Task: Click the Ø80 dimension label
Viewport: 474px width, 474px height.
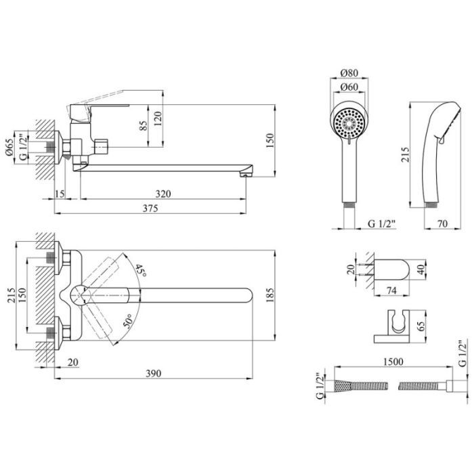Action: click(349, 73)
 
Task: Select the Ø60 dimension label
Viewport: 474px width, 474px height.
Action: click(349, 87)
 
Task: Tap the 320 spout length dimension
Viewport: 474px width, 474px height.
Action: click(163, 194)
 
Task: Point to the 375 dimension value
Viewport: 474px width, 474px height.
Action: click(150, 209)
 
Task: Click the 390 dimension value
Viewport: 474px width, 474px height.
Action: click(154, 374)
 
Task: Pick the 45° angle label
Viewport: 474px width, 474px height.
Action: click(140, 271)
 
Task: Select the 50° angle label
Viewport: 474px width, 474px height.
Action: click(127, 321)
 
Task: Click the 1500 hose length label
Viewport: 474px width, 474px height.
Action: click(393, 362)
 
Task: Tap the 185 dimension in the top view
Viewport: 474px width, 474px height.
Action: click(270, 295)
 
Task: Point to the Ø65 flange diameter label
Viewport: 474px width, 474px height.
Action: click(9, 147)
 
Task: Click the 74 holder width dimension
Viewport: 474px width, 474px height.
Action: click(391, 290)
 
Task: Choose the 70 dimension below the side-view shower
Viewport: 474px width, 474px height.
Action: click(442, 223)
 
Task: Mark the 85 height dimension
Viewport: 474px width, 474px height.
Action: click(144, 126)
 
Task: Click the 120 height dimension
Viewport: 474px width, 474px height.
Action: click(158, 118)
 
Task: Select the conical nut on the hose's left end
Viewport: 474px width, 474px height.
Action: click(341, 386)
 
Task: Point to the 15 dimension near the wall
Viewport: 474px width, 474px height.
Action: click(60, 194)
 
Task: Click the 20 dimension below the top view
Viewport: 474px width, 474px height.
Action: click(73, 362)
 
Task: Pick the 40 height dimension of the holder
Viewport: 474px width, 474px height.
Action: click(421, 268)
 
